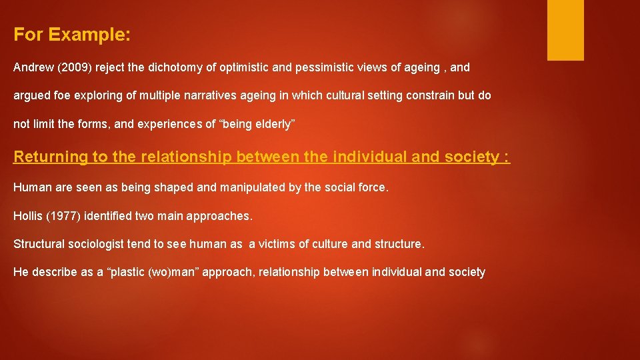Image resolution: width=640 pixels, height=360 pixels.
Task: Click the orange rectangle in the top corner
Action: (x=565, y=30)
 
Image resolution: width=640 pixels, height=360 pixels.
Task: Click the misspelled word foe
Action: (x=61, y=95)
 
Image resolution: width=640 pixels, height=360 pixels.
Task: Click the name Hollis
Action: (x=27, y=216)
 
